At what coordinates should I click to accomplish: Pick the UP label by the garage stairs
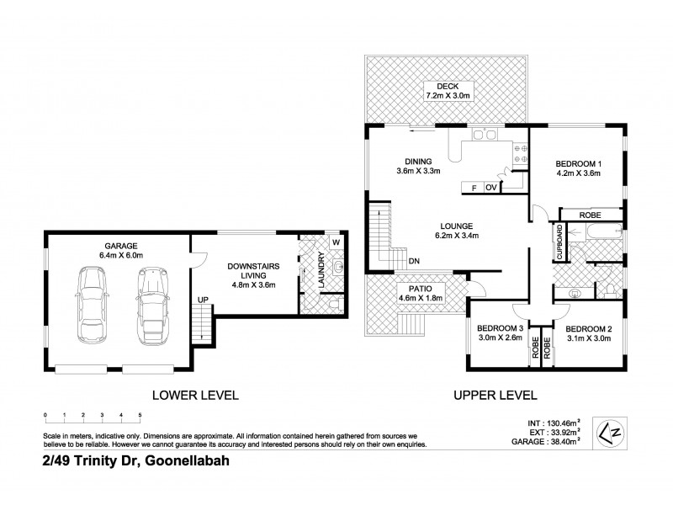coord(202,300)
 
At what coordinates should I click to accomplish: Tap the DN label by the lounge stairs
coord(414,261)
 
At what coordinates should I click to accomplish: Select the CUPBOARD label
coord(559,241)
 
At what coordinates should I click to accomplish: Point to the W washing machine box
coord(335,243)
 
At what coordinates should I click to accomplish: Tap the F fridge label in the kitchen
coord(474,188)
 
